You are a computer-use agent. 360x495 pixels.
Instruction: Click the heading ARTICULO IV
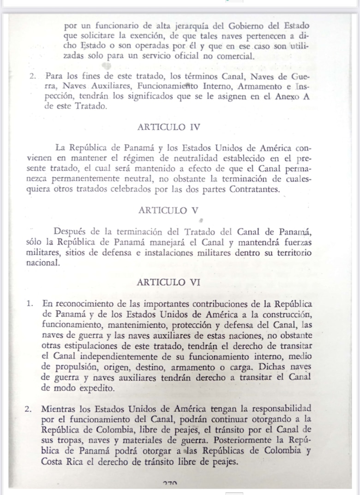point(168,126)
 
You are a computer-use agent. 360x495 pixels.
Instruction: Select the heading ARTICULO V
point(168,210)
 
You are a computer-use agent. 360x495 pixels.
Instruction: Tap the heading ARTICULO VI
point(168,282)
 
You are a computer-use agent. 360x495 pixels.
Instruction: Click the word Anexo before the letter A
point(287,97)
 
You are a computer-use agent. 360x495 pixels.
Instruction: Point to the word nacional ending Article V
point(43,263)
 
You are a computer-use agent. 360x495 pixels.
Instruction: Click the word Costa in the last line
point(53,461)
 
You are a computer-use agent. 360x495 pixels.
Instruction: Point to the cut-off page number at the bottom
point(170,484)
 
